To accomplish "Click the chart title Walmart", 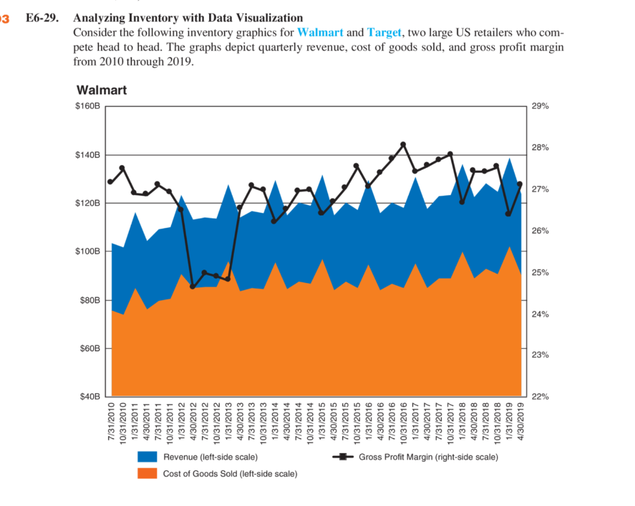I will tap(102, 91).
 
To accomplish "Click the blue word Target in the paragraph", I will tap(384, 32).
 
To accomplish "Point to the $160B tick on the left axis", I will tap(87, 107).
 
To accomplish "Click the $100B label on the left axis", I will tap(87, 252).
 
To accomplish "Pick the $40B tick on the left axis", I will tap(90, 396).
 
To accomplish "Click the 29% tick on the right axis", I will tap(541, 107).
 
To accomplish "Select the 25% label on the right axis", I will tap(541, 273).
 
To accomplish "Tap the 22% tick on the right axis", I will tap(541, 396).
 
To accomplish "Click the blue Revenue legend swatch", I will tap(148, 457).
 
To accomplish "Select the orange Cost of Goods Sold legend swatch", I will tap(148, 474).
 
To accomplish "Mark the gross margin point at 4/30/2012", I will tap(193, 286).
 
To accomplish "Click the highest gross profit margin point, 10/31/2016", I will tap(403, 144).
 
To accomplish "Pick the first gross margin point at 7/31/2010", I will tap(110, 182).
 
